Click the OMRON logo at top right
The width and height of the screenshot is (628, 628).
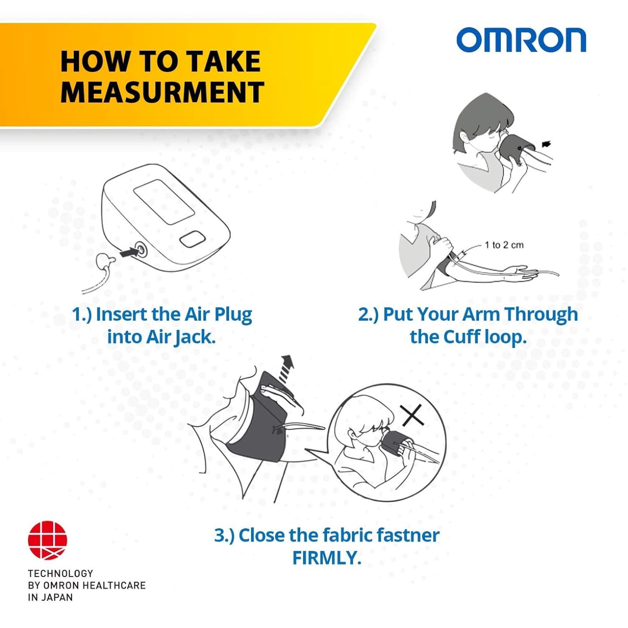click(x=521, y=40)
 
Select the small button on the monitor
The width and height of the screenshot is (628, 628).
click(x=192, y=239)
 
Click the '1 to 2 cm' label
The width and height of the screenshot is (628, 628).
click(x=504, y=245)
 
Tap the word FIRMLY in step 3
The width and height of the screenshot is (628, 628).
click(x=326, y=558)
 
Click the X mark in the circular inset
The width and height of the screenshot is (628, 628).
click(x=412, y=416)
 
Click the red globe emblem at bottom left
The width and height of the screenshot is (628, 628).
click(x=47, y=540)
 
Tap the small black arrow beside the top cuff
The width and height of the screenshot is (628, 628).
click(x=547, y=144)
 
